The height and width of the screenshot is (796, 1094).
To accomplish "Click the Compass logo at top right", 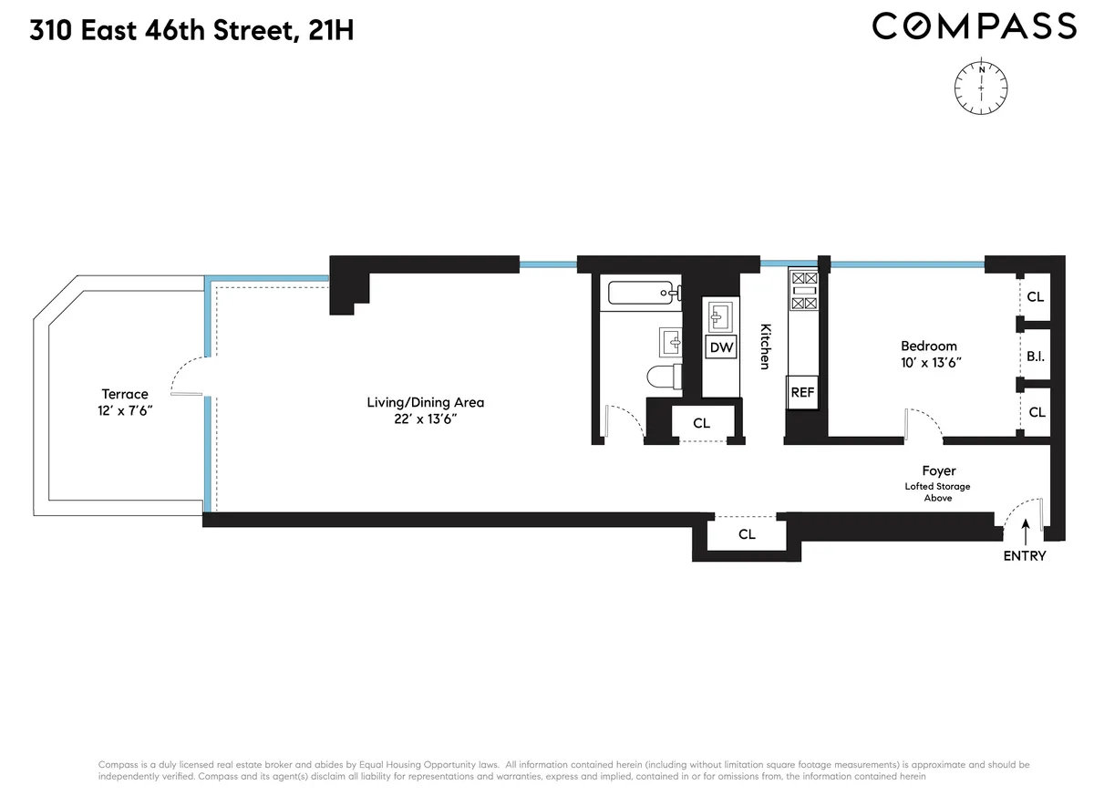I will (x=974, y=26).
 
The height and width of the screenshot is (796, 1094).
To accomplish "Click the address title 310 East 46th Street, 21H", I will (x=191, y=31).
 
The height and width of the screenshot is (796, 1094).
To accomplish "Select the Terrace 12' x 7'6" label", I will (x=125, y=402).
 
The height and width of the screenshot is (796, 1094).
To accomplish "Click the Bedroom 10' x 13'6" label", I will (x=929, y=354).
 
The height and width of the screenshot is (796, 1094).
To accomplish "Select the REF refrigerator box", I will (x=802, y=393).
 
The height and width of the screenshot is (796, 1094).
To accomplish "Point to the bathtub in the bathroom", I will (x=642, y=293).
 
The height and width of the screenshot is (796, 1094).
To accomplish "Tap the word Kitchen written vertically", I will (x=765, y=347).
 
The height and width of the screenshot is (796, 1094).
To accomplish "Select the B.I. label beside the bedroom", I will (x=1035, y=356).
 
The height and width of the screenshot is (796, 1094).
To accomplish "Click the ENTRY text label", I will (x=1025, y=556).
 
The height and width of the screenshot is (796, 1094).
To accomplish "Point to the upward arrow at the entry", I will (x=1026, y=531).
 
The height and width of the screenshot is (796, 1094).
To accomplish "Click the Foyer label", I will (x=939, y=471).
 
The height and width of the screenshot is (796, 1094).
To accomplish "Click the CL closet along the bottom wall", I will (x=747, y=534).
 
